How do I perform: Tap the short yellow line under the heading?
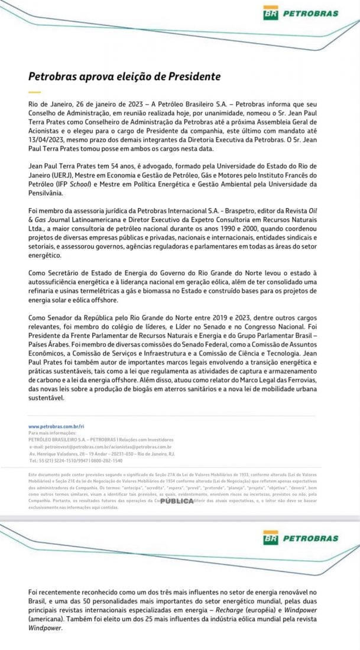34,92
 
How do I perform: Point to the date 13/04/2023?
48,139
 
